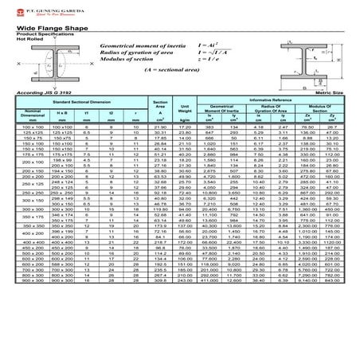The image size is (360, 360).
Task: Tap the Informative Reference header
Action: (x=271, y=100)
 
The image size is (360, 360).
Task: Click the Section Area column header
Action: (x=160, y=105)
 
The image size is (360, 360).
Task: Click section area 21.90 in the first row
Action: (x=160, y=127)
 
